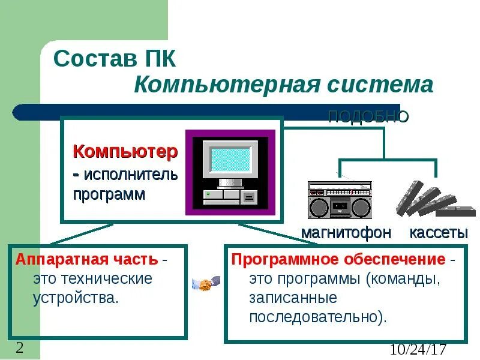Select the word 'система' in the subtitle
click(379, 85)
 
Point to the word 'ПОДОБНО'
click(368, 116)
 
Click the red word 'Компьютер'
click(125, 151)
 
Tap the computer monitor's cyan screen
click(230, 159)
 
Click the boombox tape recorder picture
click(340, 199)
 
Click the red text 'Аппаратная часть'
click(87, 260)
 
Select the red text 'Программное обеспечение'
click(338, 260)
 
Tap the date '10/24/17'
click(418, 349)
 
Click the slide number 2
click(20, 348)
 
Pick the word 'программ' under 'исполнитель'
click(109, 194)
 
